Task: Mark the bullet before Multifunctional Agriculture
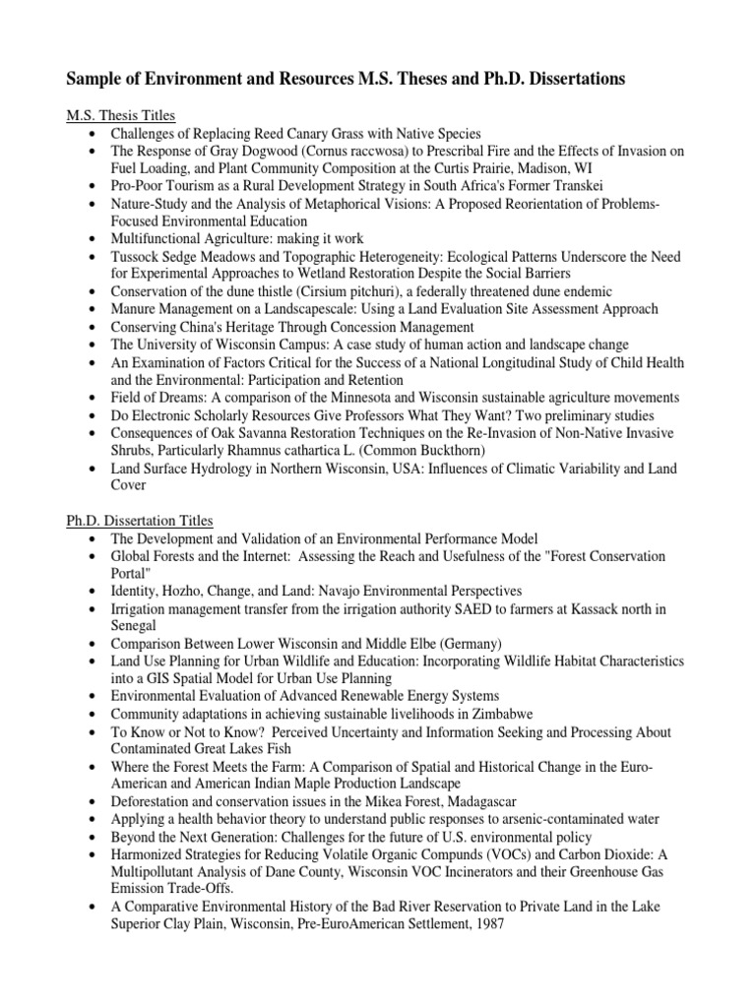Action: [92, 239]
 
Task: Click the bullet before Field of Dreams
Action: [92, 398]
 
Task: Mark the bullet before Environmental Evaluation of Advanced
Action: [92, 697]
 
